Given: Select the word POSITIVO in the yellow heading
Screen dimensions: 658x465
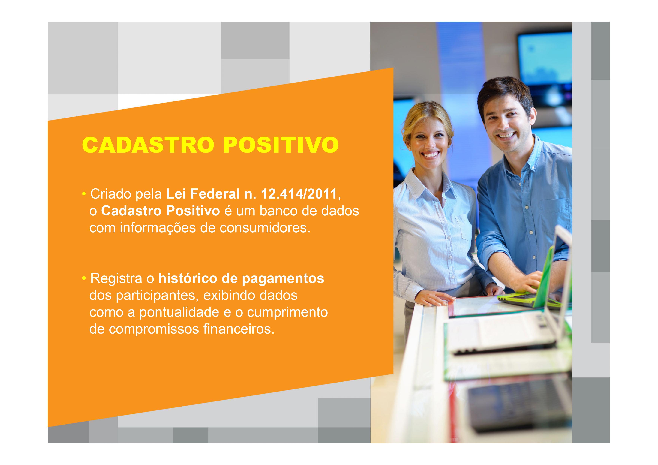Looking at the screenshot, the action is tap(281, 145).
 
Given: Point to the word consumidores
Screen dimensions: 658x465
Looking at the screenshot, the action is tap(265, 228).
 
